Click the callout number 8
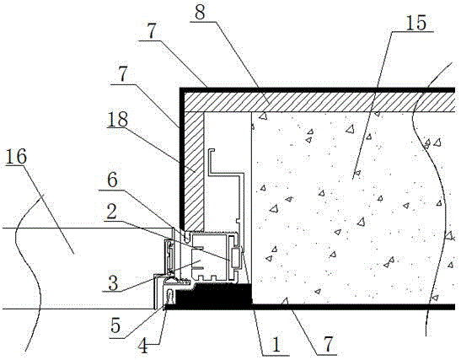point(200,12)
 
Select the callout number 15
point(415,23)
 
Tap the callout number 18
point(118,119)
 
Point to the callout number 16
point(16,156)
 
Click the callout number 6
point(112,180)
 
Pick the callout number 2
point(112,212)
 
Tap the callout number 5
point(115,325)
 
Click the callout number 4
point(143,346)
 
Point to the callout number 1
point(276,345)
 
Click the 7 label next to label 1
point(329,344)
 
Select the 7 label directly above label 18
point(123,75)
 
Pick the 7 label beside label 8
point(151,32)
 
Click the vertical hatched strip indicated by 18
point(194,171)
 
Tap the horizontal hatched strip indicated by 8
point(320,102)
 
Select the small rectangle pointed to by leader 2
point(235,258)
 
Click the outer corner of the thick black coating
point(180,89)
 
